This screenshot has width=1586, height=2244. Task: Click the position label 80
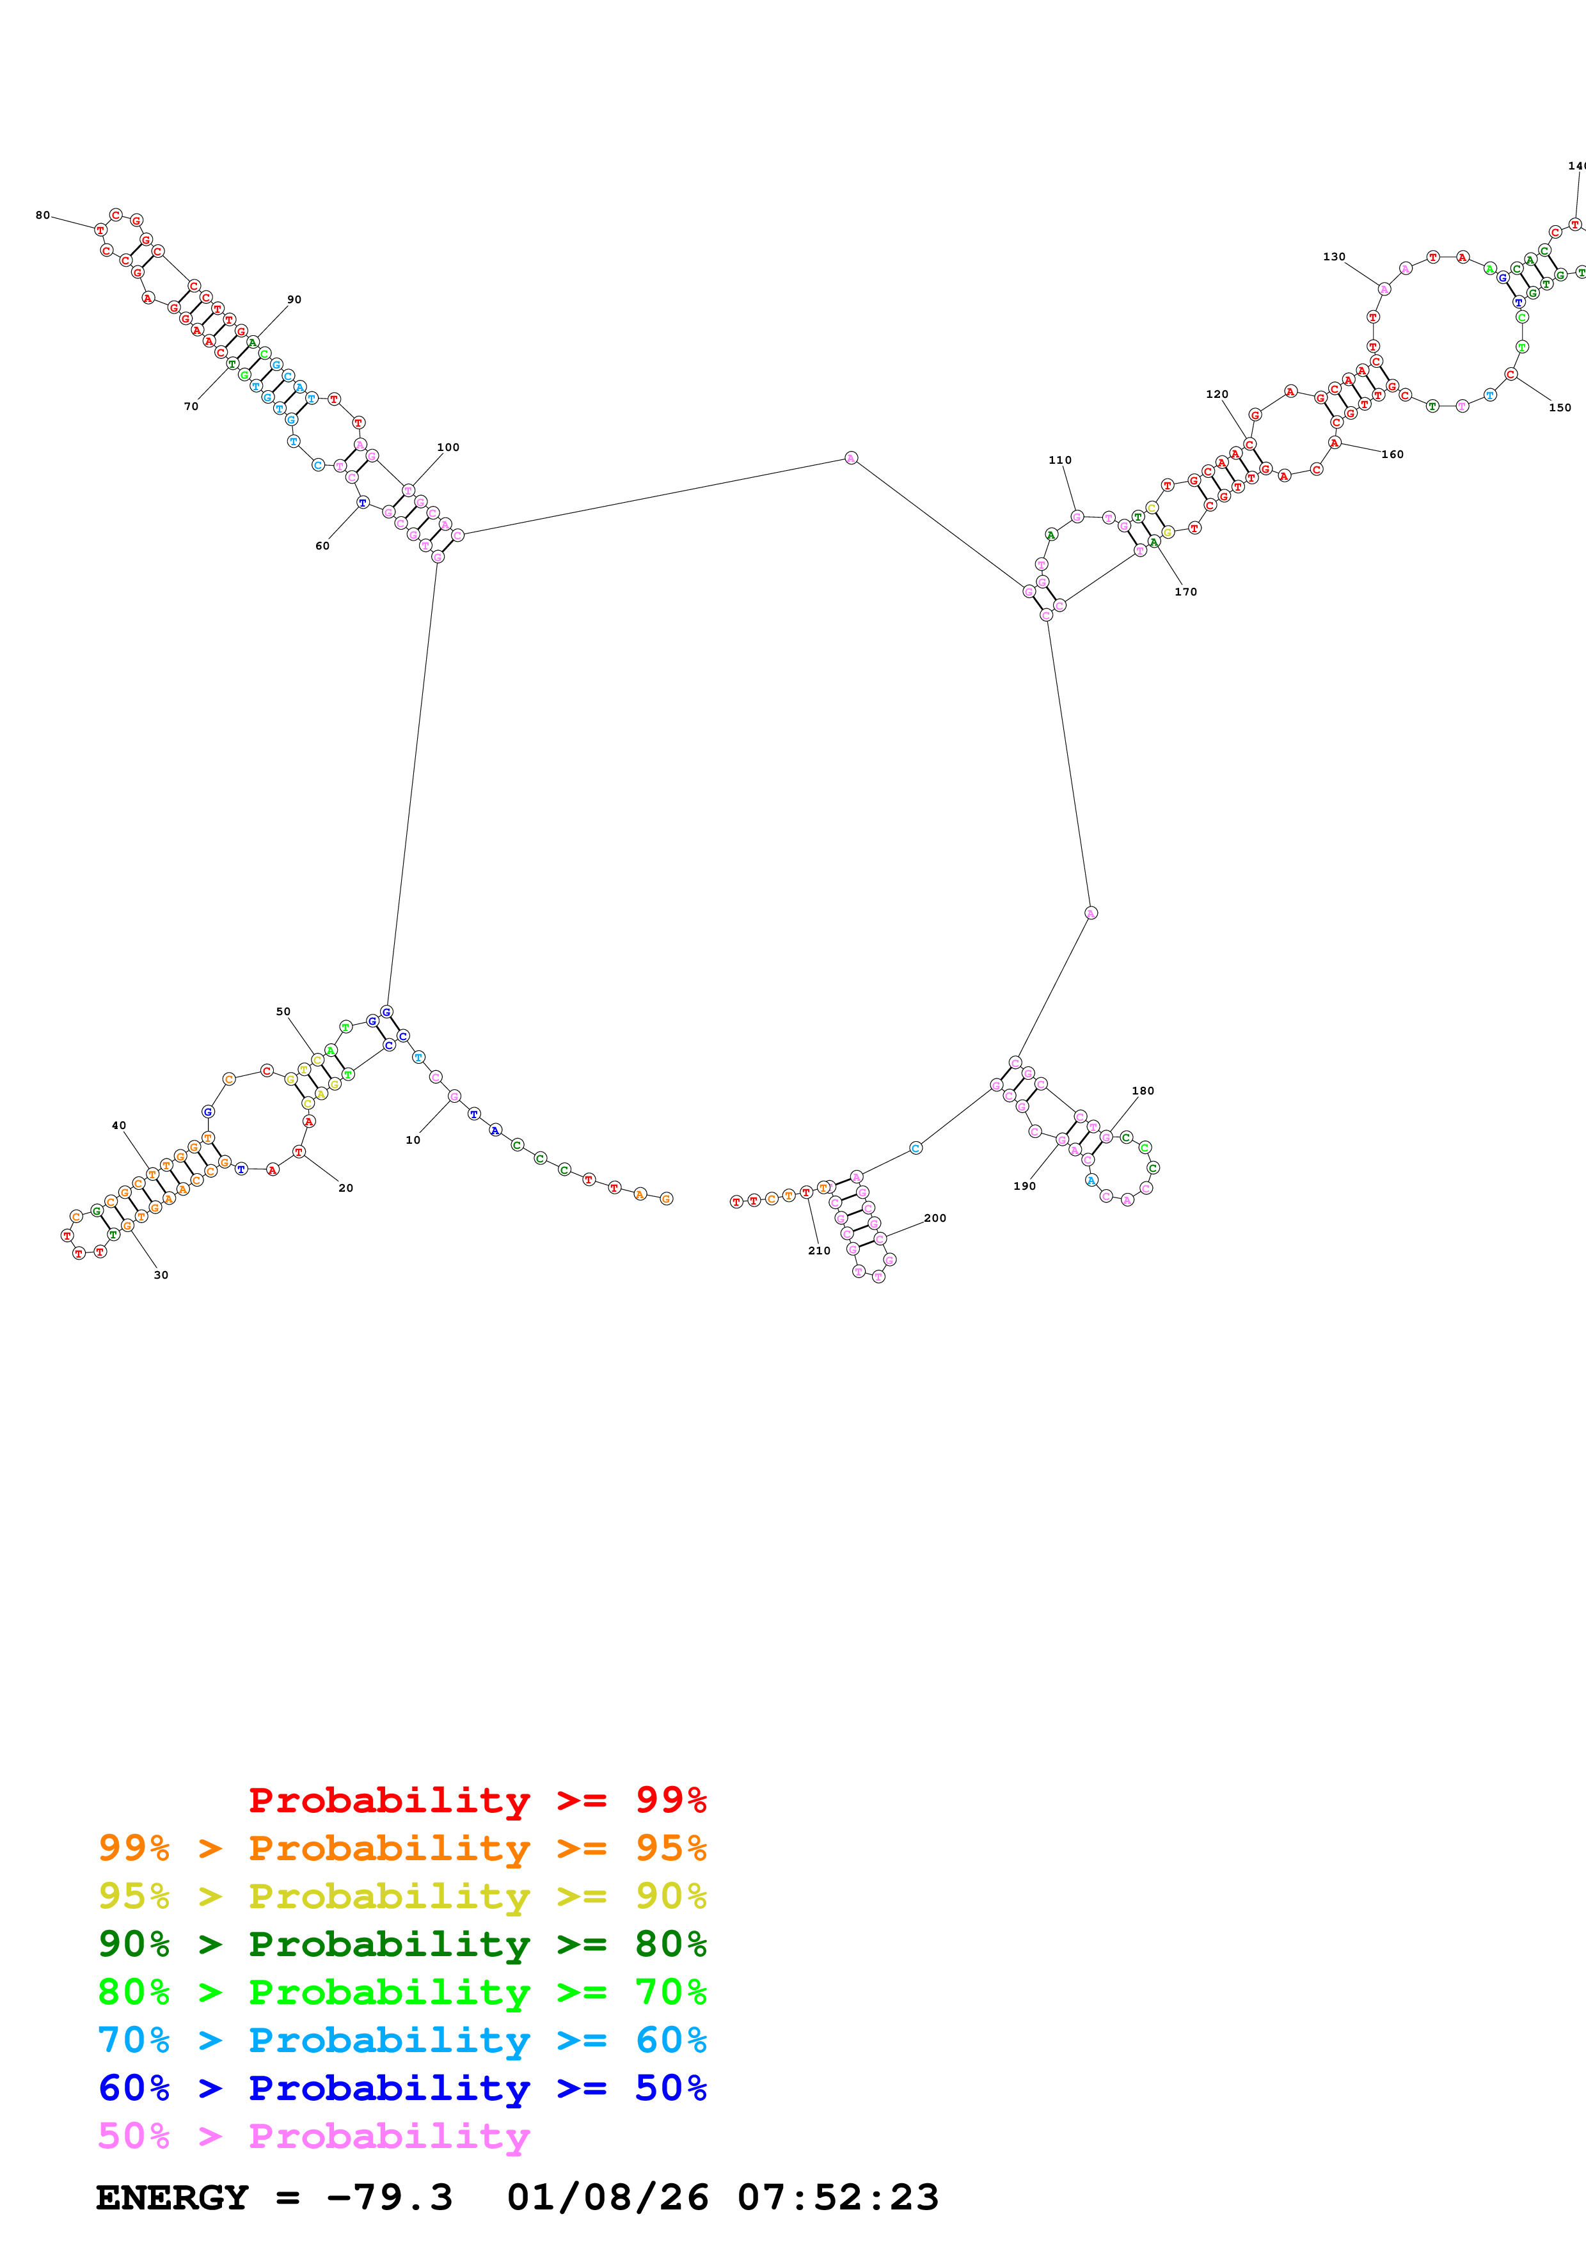pyautogui.click(x=42, y=215)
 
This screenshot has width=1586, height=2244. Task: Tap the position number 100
pyautogui.click(x=448, y=448)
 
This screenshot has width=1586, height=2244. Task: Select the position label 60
pyautogui.click(x=322, y=546)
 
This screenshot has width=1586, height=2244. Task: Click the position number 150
pyautogui.click(x=1560, y=407)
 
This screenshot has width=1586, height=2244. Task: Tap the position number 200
pyautogui.click(x=935, y=1219)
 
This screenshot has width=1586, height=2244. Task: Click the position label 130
pyautogui.click(x=1334, y=257)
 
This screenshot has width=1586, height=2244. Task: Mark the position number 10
pyautogui.click(x=413, y=1141)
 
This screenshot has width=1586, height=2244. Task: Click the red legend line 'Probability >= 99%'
pyautogui.click(x=477, y=1800)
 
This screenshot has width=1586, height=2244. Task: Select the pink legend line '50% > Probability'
pyautogui.click(x=313, y=2137)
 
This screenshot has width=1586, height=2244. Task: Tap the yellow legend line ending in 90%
pyautogui.click(x=402, y=1896)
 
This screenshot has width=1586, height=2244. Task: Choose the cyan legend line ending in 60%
pyautogui.click(x=402, y=2041)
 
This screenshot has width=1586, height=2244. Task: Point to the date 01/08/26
pyautogui.click(x=607, y=2198)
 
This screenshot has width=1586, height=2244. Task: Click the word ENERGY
pyautogui.click(x=172, y=2198)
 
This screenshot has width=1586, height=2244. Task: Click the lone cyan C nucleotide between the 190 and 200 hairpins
pyautogui.click(x=916, y=1148)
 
